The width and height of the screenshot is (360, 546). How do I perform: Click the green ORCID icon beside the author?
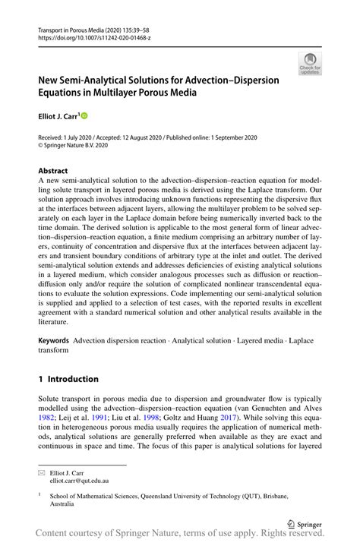point(84,115)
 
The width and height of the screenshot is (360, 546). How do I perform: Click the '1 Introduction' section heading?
point(68,379)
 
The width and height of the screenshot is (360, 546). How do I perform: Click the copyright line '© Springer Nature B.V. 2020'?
point(81,146)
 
